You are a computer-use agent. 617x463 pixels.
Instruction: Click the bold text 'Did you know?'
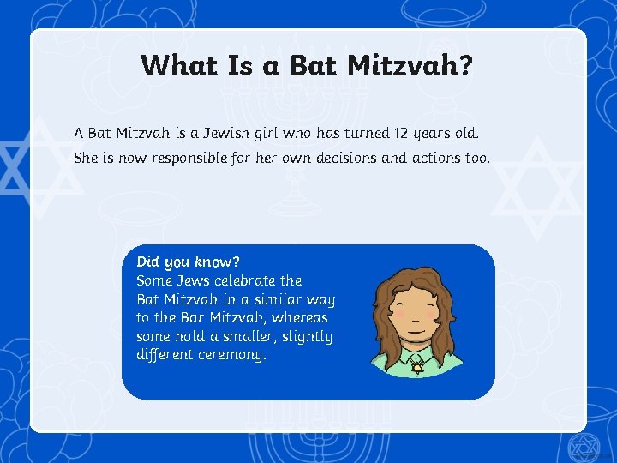coord(188,262)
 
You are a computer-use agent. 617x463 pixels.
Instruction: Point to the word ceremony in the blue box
coord(231,354)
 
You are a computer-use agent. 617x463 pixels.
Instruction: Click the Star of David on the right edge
coord(539,188)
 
